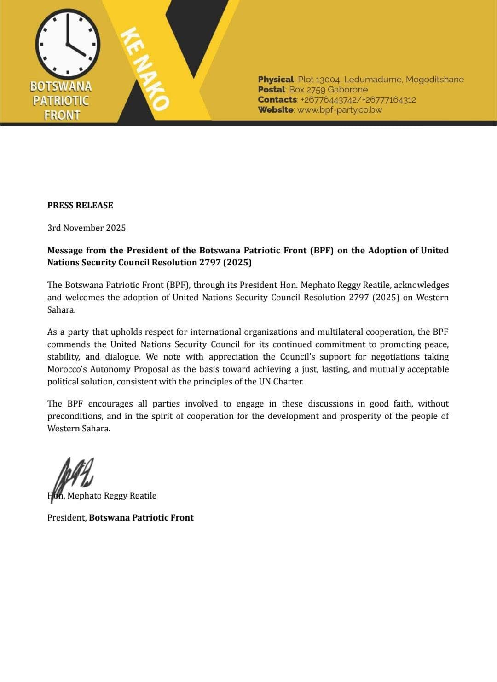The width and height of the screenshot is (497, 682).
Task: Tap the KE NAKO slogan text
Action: (145, 69)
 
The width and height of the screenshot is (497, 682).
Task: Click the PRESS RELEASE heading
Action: (80, 206)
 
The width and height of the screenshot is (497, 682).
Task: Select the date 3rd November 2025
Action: (87, 228)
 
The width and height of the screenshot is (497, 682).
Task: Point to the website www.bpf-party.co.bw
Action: (340, 110)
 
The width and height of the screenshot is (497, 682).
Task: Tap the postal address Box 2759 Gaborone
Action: (328, 90)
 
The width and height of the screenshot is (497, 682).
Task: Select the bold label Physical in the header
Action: (276, 80)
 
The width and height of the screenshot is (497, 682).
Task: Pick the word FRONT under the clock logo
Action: (62, 115)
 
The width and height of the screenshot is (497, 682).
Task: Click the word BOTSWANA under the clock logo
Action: (61, 86)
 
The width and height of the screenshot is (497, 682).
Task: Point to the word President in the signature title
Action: (66, 518)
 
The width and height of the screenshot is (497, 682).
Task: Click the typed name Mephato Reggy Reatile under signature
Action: (112, 496)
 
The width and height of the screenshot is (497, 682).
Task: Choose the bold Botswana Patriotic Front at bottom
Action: (141, 518)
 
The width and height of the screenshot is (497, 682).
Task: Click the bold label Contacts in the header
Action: (277, 100)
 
